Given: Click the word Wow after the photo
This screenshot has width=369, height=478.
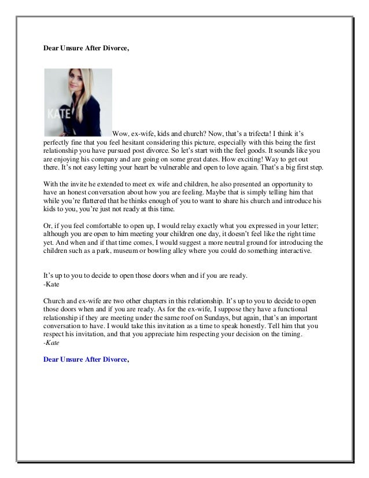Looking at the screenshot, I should (x=120, y=133).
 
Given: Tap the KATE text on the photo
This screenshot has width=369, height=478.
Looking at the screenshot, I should (x=60, y=111).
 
